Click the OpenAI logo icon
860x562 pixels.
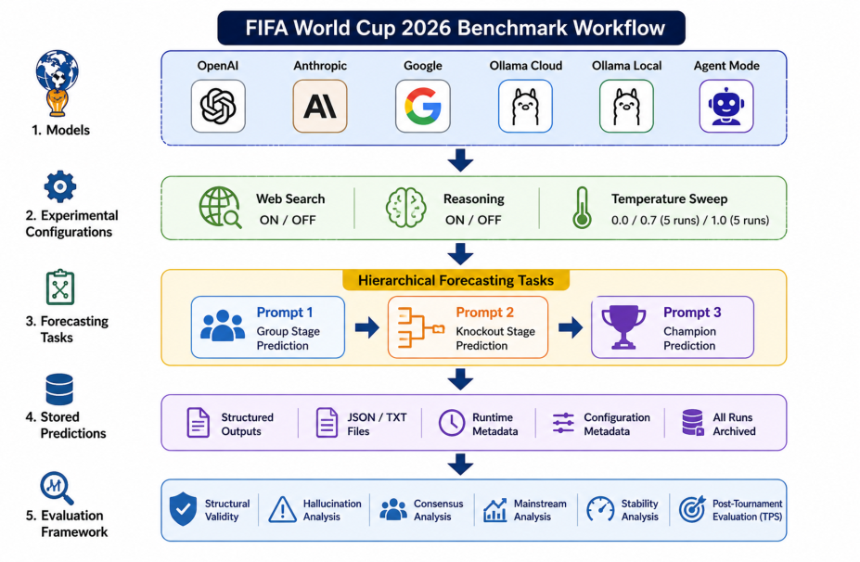pos(218,106)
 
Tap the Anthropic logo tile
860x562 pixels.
pos(320,106)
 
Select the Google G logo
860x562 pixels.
pos(423,106)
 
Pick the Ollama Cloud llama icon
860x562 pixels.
pos(525,106)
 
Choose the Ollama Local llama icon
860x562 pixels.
pos(626,106)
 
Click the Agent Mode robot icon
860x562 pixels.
pos(726,106)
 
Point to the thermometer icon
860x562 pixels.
pos(582,208)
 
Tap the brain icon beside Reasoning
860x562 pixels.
pos(405,208)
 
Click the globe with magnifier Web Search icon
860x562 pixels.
pos(220,207)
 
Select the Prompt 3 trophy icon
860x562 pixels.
pos(623,326)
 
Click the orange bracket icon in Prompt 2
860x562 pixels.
pos(420,328)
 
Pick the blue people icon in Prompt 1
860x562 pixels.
pos(222,326)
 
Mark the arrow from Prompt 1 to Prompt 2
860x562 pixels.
pos(367,328)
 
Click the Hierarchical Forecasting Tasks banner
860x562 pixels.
pos(456,280)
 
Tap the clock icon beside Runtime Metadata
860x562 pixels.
pos(452,423)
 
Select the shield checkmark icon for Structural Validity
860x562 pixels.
pos(183,509)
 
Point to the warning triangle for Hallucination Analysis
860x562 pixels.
pos(282,509)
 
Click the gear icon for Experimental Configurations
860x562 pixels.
pos(59,187)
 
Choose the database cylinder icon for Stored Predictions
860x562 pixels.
pos(59,390)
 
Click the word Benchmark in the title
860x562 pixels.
pos(494,28)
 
